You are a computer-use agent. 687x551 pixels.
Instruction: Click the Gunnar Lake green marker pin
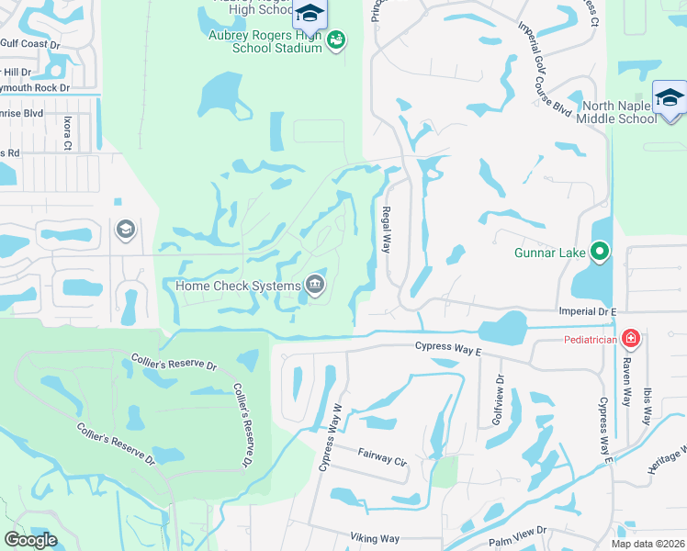(x=600, y=251)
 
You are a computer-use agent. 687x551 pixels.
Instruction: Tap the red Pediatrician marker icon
(x=630, y=339)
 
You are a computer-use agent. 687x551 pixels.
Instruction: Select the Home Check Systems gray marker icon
(x=315, y=285)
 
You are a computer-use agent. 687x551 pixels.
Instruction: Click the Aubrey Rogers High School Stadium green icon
(x=336, y=39)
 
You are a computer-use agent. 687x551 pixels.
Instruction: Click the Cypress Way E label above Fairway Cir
(x=448, y=345)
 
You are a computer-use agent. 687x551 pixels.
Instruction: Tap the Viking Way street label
(x=375, y=538)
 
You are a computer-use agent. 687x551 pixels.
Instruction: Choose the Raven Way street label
(x=628, y=383)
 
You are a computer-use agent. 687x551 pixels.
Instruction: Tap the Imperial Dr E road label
(x=587, y=311)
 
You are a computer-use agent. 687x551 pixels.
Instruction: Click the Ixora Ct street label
(x=67, y=134)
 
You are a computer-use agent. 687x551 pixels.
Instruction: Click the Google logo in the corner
(x=29, y=540)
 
